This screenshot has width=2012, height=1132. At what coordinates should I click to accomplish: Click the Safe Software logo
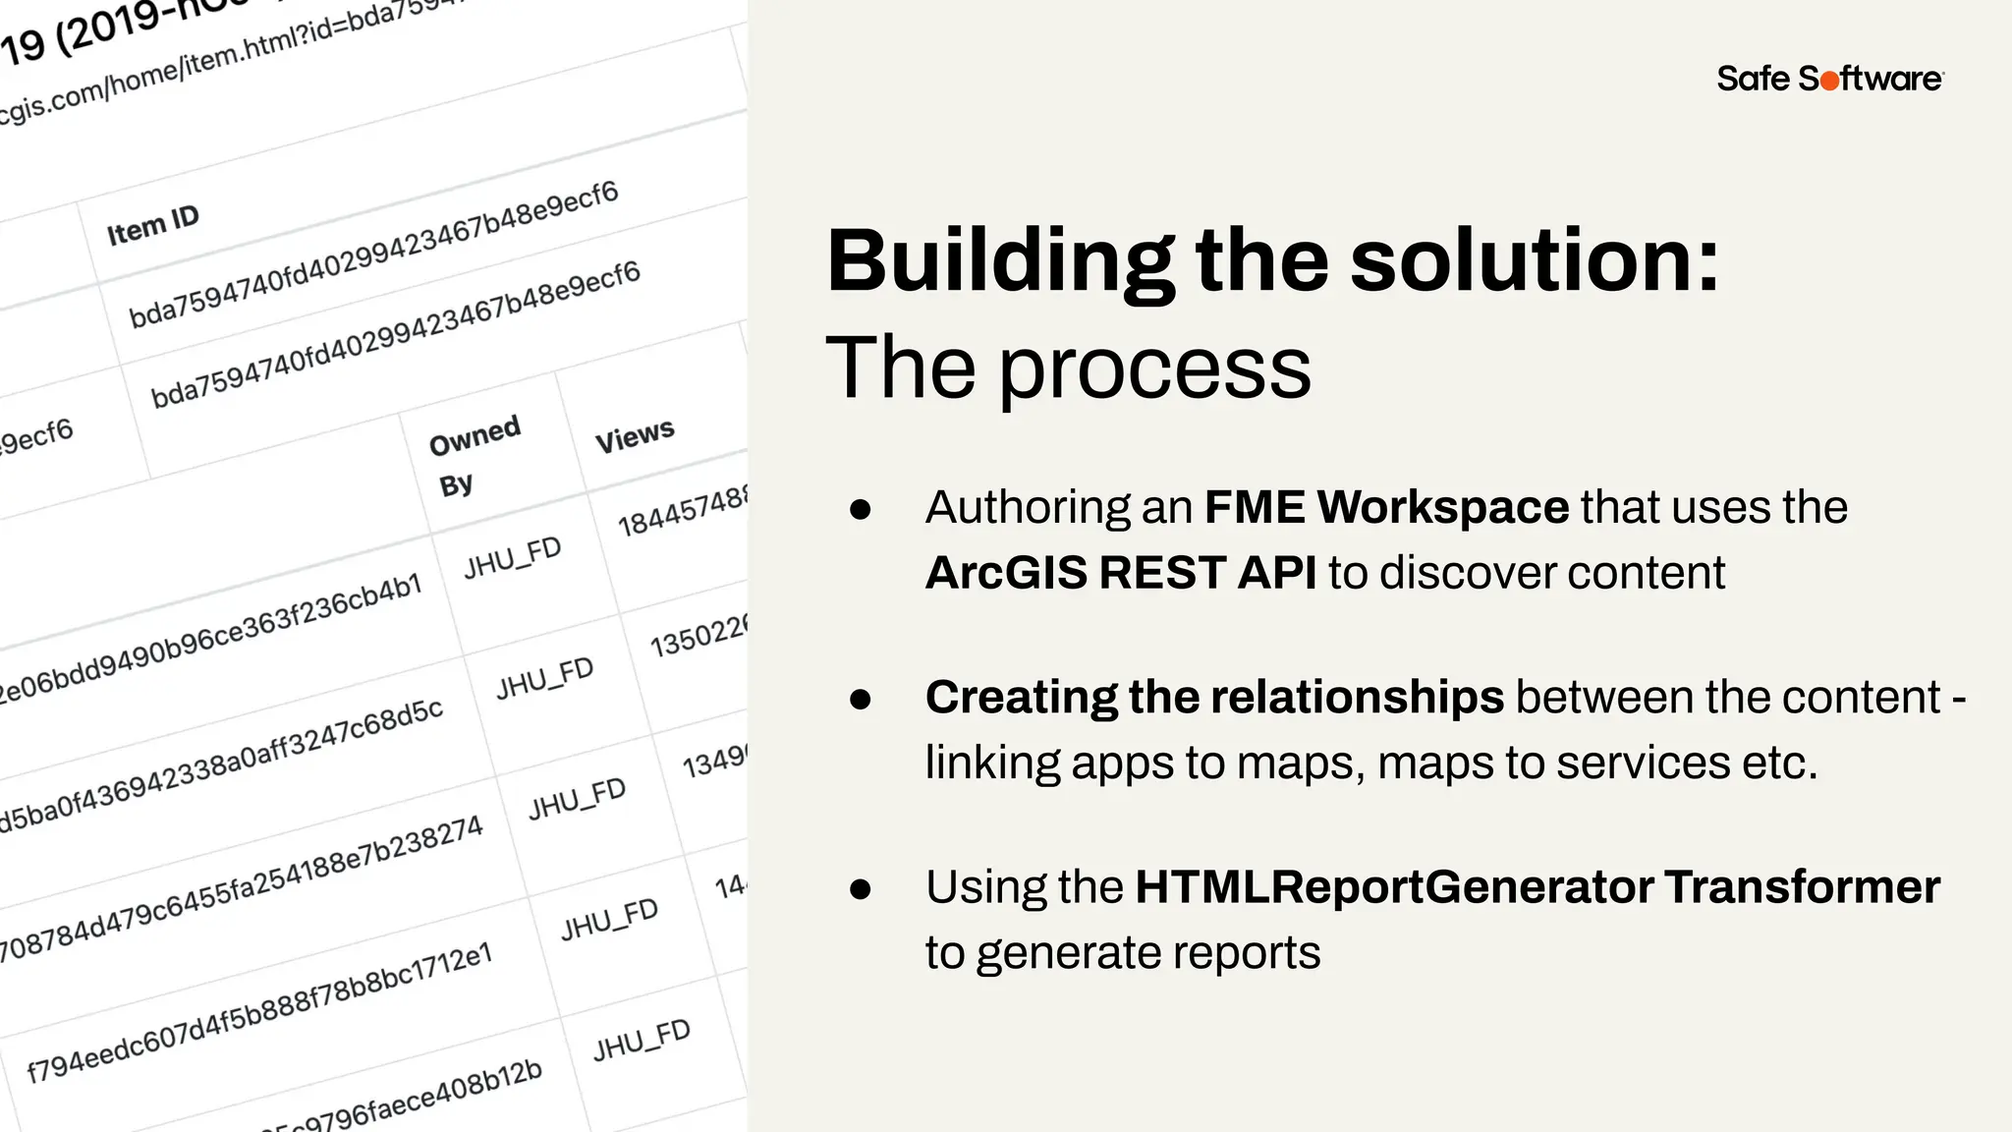[1829, 79]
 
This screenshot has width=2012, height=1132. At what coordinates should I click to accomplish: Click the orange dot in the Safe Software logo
[1830, 82]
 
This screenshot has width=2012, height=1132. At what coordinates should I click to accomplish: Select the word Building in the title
[1000, 262]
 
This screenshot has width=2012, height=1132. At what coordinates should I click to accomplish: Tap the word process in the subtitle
[1155, 369]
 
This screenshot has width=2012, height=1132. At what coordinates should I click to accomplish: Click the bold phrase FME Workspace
[1386, 508]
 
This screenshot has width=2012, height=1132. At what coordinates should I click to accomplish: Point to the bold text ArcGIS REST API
[1121, 573]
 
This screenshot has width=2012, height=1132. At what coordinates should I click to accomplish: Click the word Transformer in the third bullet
[1802, 887]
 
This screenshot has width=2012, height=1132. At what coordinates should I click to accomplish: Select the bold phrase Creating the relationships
[1214, 698]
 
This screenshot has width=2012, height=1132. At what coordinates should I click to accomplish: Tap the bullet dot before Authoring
[861, 509]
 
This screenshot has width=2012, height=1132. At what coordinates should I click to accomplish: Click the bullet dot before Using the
[861, 889]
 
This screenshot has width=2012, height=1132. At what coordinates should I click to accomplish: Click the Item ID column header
[153, 225]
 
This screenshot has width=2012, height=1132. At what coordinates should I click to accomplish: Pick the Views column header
[635, 435]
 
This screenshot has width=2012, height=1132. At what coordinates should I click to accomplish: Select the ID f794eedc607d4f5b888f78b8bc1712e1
[258, 1013]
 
